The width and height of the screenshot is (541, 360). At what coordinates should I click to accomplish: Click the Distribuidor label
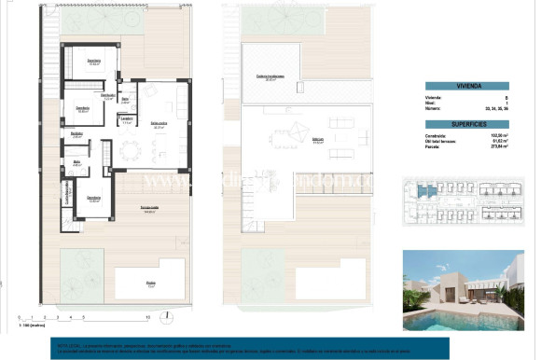point(107,95)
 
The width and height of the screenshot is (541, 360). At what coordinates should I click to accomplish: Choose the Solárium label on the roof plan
point(291,142)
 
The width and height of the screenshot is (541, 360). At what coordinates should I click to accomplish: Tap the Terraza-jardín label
point(148,209)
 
